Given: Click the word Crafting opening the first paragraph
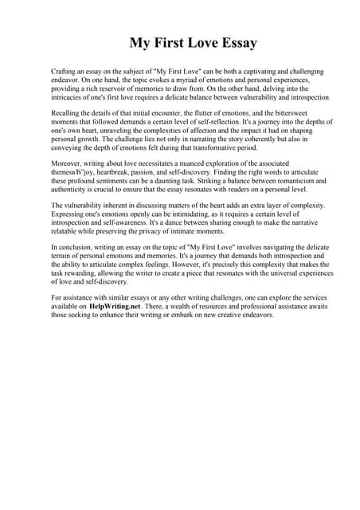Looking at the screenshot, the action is click(x=65, y=72).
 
